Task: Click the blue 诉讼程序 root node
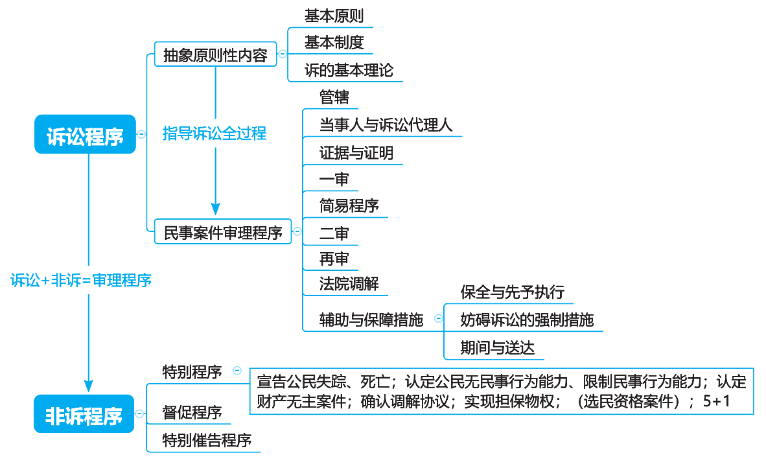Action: tap(85, 134)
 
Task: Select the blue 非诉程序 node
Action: tap(84, 414)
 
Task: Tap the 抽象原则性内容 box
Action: tap(215, 54)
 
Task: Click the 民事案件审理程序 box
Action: tap(223, 231)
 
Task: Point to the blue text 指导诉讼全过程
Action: tap(215, 134)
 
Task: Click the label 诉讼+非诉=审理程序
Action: tap(81, 281)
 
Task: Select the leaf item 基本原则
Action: tap(334, 16)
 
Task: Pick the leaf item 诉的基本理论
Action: tap(349, 70)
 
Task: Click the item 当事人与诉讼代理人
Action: tap(386, 125)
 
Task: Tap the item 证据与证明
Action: tap(356, 153)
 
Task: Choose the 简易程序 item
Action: tap(349, 206)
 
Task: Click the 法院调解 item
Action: tap(349, 283)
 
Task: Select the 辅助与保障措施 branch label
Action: tap(371, 320)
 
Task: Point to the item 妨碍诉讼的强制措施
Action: tap(526, 320)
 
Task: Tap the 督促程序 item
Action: tap(192, 412)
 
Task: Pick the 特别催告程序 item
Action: tap(207, 441)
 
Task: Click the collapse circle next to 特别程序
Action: tap(237, 371)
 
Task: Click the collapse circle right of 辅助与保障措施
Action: tap(438, 318)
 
